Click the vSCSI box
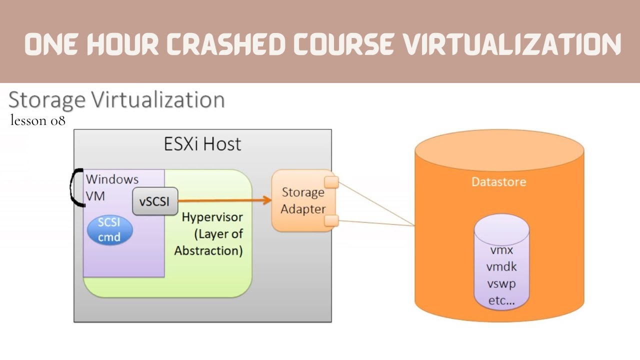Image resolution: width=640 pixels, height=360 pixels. pos(155,202)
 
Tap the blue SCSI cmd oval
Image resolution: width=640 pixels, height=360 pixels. pos(109,230)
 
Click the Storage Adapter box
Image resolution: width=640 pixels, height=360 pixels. pos(302,200)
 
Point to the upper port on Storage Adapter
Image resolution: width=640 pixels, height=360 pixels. pos(331,182)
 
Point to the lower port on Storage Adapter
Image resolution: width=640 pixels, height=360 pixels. pos(331,220)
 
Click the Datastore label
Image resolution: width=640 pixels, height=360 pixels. pos(498,181)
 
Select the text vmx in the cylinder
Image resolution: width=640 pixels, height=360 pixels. pos(501,249)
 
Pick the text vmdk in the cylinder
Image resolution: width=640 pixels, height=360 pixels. pos(501,266)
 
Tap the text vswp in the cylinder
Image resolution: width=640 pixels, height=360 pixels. pos(501,283)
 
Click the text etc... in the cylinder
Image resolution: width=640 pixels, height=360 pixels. pos(501,300)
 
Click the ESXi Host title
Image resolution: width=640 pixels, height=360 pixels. pos(202,144)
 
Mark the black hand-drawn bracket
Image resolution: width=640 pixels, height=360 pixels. pos(75,187)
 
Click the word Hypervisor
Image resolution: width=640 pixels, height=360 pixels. pos(212,217)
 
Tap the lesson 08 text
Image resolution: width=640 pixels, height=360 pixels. pos(37,120)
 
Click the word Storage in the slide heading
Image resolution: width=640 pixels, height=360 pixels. pos(47,99)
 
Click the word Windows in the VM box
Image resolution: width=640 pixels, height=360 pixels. pos(112,179)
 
